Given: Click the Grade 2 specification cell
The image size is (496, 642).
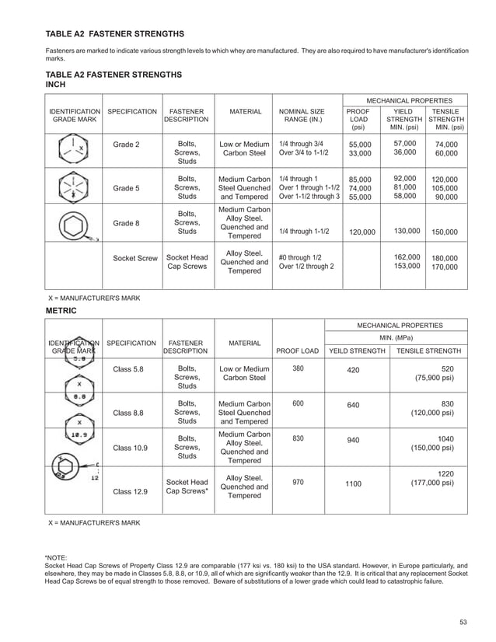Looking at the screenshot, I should tap(127, 145).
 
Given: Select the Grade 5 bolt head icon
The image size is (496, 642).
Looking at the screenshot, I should tap(74, 187).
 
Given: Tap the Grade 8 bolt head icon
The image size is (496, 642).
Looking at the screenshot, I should tap(75, 226).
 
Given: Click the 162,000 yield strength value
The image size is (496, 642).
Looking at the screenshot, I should tap(407, 257).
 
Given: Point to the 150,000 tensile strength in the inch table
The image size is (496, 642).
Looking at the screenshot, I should tap(445, 232).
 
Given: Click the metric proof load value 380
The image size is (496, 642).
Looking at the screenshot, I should tap(298, 368).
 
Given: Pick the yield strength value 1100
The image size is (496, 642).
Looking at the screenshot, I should tap(354, 484).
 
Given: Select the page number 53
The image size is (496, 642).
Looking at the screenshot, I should tap(463, 620).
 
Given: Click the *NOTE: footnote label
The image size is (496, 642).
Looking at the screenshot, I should tap(56, 557).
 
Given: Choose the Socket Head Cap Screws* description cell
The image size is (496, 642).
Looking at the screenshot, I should tap(187, 486).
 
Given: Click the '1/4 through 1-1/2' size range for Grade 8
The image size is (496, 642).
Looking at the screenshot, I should tap(304, 232).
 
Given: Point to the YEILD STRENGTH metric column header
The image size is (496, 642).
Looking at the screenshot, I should tap(358, 351).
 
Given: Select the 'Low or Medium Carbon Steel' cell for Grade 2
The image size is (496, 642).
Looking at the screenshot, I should tap(244, 149).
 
